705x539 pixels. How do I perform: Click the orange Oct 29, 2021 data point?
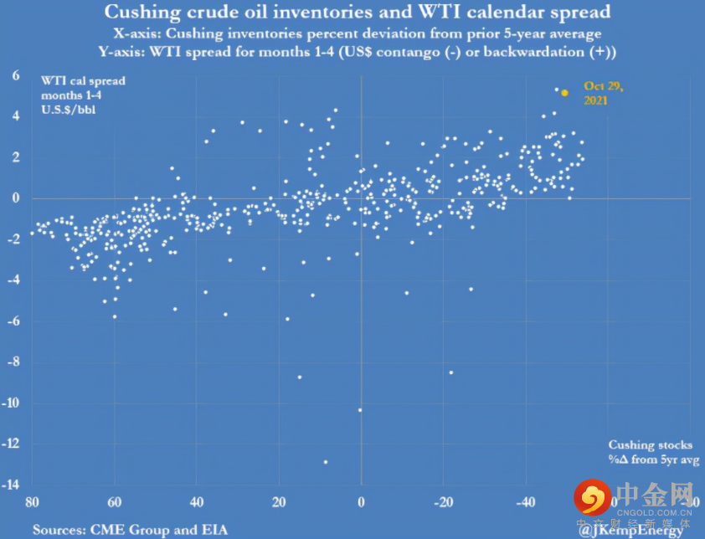click(564, 93)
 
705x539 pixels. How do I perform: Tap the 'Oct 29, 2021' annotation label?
click(603, 92)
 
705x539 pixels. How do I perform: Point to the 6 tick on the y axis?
click(15, 74)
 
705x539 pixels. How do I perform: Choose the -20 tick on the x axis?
click(444, 503)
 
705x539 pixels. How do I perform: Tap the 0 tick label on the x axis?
click(361, 503)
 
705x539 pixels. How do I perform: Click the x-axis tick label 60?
click(115, 503)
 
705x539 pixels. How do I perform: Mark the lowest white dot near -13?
click(325, 461)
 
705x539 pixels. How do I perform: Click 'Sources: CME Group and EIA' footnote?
click(130, 529)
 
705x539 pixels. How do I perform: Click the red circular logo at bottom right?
click(592, 497)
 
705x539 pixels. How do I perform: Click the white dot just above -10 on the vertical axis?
click(360, 410)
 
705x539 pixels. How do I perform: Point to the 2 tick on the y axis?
click(15, 157)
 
